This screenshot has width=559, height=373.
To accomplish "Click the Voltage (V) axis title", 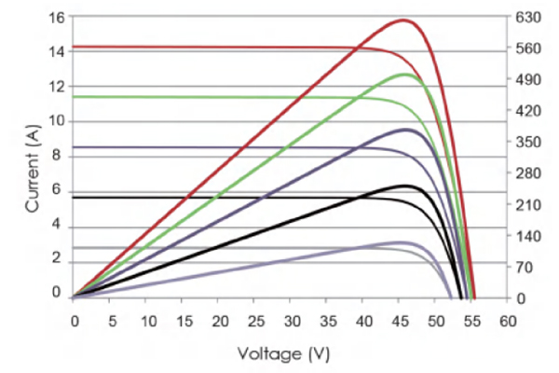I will tap(283, 354).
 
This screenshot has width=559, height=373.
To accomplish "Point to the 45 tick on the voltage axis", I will tap(399, 322).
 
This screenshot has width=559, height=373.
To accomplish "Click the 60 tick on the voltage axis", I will tap(508, 322).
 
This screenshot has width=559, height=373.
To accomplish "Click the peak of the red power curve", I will tap(404, 20).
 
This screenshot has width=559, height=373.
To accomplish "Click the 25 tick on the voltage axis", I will tap(254, 322).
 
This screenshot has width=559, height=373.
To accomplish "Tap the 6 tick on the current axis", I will tap(58, 190).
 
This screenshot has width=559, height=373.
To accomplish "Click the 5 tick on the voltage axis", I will tap(110, 322).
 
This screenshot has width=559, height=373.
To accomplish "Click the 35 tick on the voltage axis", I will tap(327, 322).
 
